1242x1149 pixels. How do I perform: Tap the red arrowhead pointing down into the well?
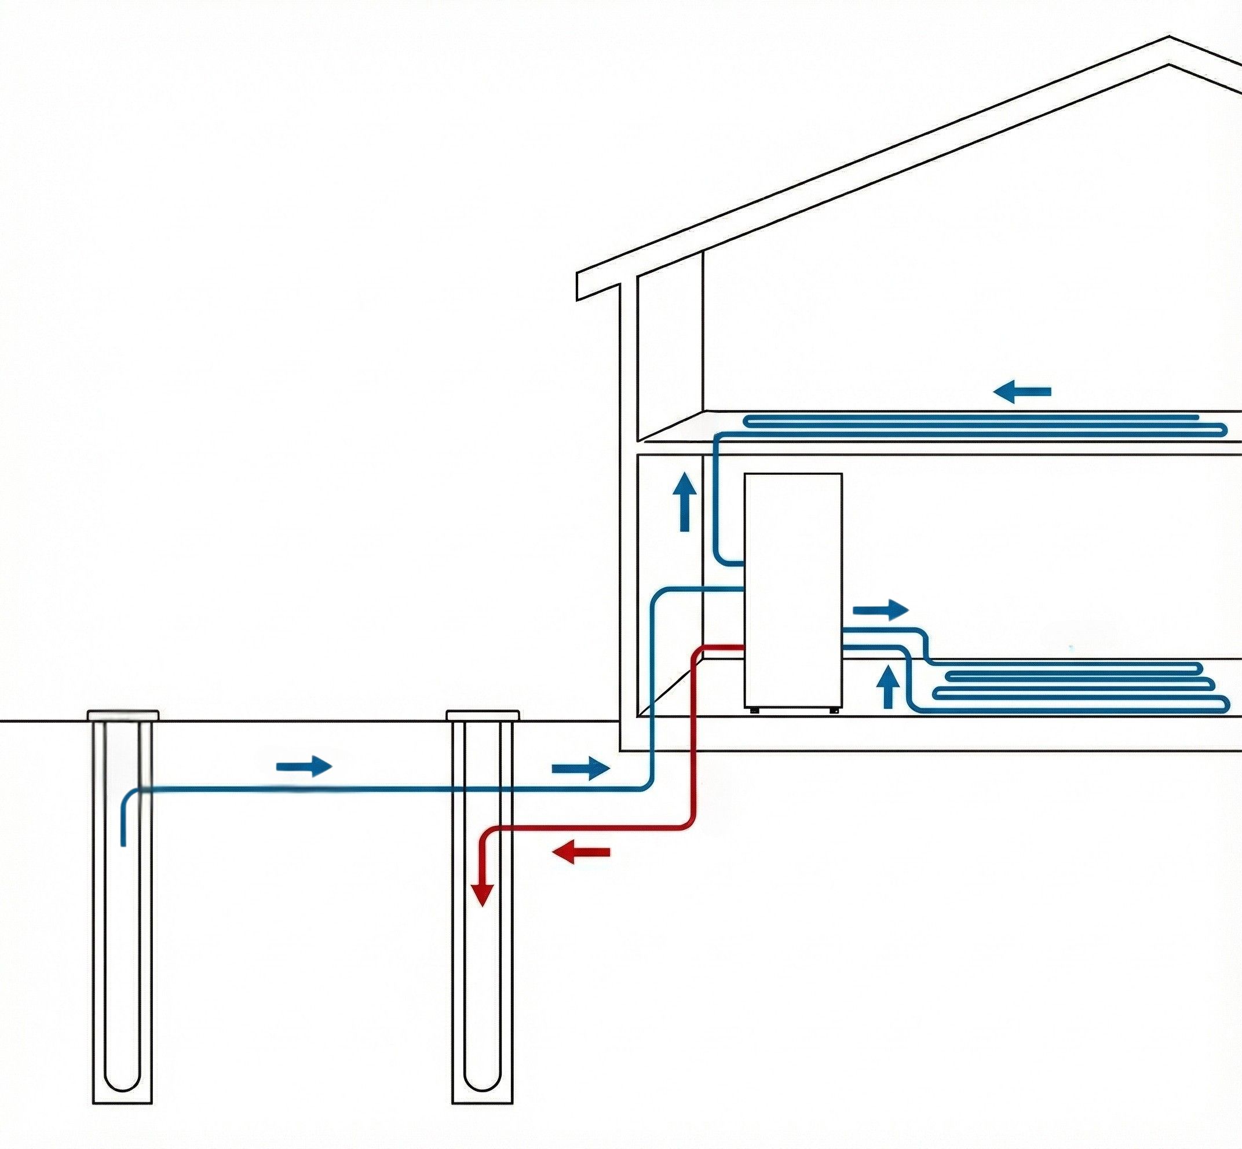(x=481, y=895)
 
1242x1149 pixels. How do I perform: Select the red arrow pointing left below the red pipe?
(x=581, y=852)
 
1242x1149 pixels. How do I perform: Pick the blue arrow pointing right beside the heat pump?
(x=881, y=610)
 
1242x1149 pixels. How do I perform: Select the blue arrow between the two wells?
(x=304, y=766)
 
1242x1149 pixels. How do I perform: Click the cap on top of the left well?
(x=123, y=716)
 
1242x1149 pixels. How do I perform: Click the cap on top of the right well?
(x=483, y=716)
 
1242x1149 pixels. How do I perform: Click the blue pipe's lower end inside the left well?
(x=123, y=843)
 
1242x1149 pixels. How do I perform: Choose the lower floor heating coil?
(x=1076, y=686)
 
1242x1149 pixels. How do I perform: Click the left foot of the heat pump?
(x=754, y=710)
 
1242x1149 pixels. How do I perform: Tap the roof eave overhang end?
(x=578, y=286)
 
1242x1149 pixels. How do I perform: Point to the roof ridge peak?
(x=1169, y=39)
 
